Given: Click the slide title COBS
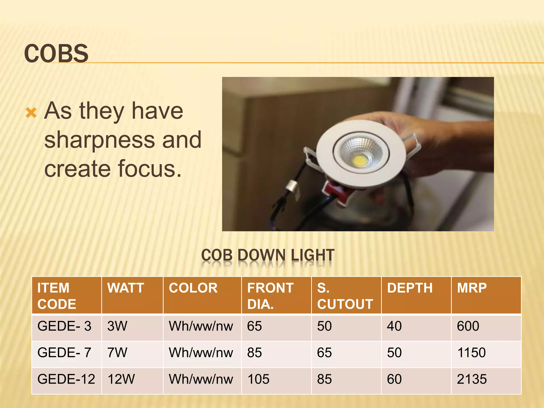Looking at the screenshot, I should click(x=56, y=53).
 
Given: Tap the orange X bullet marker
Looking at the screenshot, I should click(x=31, y=113).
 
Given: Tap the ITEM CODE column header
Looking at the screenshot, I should click(x=57, y=296).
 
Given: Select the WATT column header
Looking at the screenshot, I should click(x=126, y=288).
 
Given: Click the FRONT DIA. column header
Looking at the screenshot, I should click(x=270, y=296).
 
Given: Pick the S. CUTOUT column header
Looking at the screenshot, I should click(x=345, y=296).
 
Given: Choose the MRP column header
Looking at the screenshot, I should click(x=472, y=288).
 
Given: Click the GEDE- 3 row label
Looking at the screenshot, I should click(x=64, y=326).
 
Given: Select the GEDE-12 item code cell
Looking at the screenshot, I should click(x=66, y=379).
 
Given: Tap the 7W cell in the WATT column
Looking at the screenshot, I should click(x=117, y=353).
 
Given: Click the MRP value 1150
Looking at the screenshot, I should click(x=471, y=353).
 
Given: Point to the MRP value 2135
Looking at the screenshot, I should click(x=472, y=379).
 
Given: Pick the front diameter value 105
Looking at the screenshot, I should click(x=258, y=379).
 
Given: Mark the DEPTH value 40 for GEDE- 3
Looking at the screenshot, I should click(x=394, y=326).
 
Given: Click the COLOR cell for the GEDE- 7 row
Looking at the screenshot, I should click(x=201, y=353).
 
